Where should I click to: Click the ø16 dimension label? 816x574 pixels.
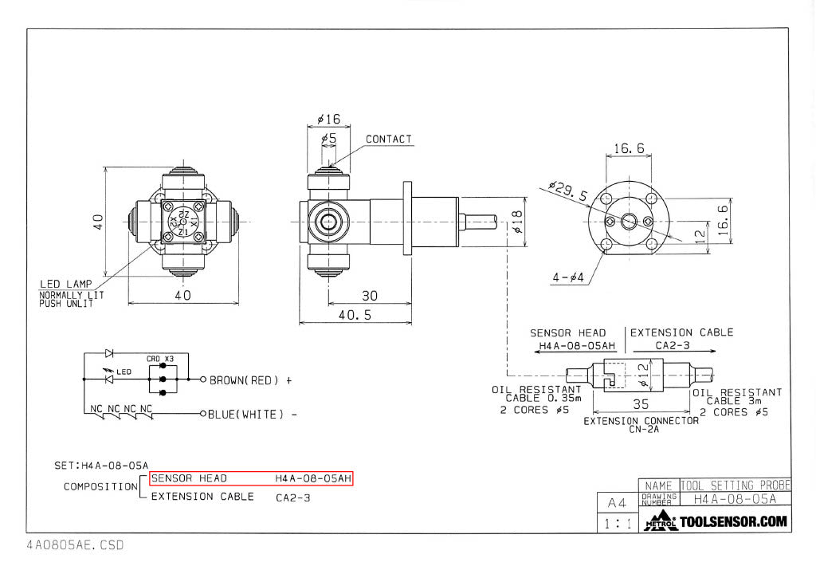coord(328,120)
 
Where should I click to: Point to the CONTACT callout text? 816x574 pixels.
coord(389,140)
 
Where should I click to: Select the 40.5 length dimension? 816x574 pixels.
coord(355,315)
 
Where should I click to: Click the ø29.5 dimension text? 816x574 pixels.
coord(567,191)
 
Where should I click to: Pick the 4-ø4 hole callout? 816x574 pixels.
coord(568,278)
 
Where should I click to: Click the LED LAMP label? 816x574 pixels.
coord(66,284)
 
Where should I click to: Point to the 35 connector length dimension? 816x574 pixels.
coord(641,405)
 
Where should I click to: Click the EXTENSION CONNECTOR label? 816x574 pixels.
coord(641,420)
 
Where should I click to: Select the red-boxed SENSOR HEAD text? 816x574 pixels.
coord(189,478)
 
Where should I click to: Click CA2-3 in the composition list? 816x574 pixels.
coord(292,497)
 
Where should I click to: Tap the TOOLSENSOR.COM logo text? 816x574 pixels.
coord(733,523)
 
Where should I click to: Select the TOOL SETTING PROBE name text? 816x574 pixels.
coord(735,485)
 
